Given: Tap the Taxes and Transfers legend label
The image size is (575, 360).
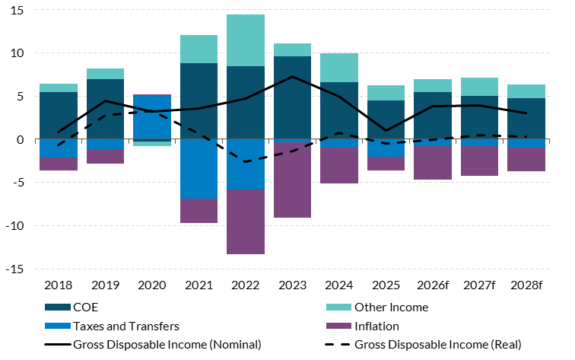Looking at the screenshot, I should click(x=126, y=326).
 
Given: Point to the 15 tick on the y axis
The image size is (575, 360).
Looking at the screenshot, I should click(x=17, y=11).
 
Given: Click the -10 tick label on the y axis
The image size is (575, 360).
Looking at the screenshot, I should click(x=14, y=226).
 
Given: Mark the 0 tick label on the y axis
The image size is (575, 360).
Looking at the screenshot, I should click(x=21, y=140).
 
